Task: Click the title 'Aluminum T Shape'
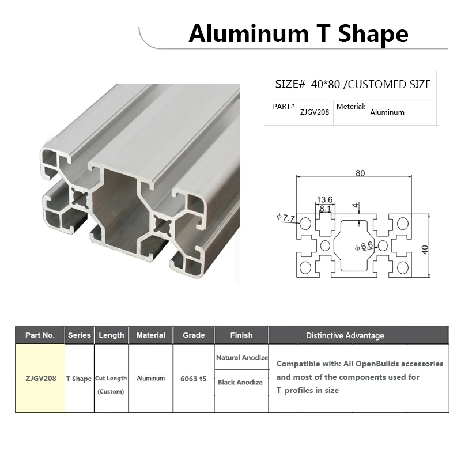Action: tap(298, 34)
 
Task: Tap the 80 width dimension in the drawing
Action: tap(360, 173)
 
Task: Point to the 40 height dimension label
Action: tap(425, 249)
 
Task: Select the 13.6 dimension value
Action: tap(324, 199)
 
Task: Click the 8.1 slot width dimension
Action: tap(325, 209)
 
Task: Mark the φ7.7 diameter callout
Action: tap(286, 218)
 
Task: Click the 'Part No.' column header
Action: tap(40, 335)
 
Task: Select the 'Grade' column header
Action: tap(194, 335)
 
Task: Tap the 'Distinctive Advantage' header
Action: tap(345, 335)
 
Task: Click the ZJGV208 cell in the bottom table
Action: tap(40, 379)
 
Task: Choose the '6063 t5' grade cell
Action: tap(193, 379)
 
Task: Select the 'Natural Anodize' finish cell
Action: tap(242, 358)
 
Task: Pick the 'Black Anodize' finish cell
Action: tap(240, 382)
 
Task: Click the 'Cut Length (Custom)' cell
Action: tap(111, 384)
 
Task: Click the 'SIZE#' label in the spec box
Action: tap(290, 84)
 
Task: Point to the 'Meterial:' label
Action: tap(351, 107)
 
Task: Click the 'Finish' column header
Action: tap(241, 335)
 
